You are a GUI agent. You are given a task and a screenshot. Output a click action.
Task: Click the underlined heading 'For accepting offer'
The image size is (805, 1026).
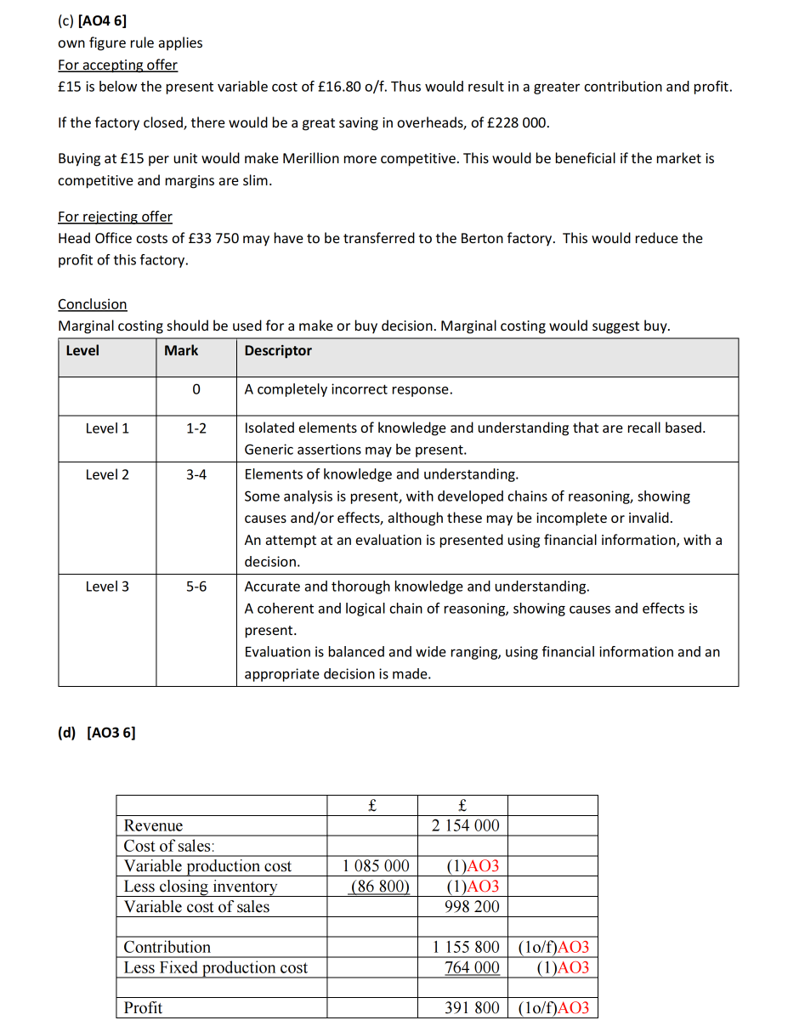(x=117, y=65)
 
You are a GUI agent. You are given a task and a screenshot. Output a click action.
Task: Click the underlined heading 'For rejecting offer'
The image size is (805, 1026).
(x=115, y=217)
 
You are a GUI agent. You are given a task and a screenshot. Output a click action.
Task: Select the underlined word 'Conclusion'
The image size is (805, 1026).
(x=92, y=304)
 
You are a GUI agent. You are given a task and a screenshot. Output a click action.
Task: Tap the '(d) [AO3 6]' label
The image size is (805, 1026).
(x=96, y=733)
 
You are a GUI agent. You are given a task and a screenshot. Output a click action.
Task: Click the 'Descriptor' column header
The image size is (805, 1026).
(x=278, y=351)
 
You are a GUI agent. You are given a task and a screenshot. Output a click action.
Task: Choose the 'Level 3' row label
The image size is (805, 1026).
(x=107, y=587)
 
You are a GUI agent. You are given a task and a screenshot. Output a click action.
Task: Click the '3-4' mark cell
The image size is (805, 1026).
(x=196, y=474)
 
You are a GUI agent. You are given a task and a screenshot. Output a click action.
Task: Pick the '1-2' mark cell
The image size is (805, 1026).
(x=196, y=428)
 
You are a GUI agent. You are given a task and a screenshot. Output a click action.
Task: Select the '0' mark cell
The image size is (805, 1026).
(x=196, y=390)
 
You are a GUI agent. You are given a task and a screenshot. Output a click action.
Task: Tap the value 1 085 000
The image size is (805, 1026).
(x=376, y=866)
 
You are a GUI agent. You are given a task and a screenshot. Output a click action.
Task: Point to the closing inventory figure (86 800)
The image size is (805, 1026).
(x=380, y=887)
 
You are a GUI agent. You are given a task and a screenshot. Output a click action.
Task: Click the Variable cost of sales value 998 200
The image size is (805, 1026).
(x=472, y=907)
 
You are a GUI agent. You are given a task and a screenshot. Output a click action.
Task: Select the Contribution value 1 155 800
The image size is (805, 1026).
(x=466, y=947)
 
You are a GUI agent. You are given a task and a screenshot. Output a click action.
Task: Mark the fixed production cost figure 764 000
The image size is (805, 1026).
(x=472, y=967)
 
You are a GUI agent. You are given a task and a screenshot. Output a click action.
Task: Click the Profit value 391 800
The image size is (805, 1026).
(x=472, y=1008)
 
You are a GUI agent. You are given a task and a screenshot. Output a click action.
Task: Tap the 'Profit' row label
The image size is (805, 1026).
(x=143, y=1008)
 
